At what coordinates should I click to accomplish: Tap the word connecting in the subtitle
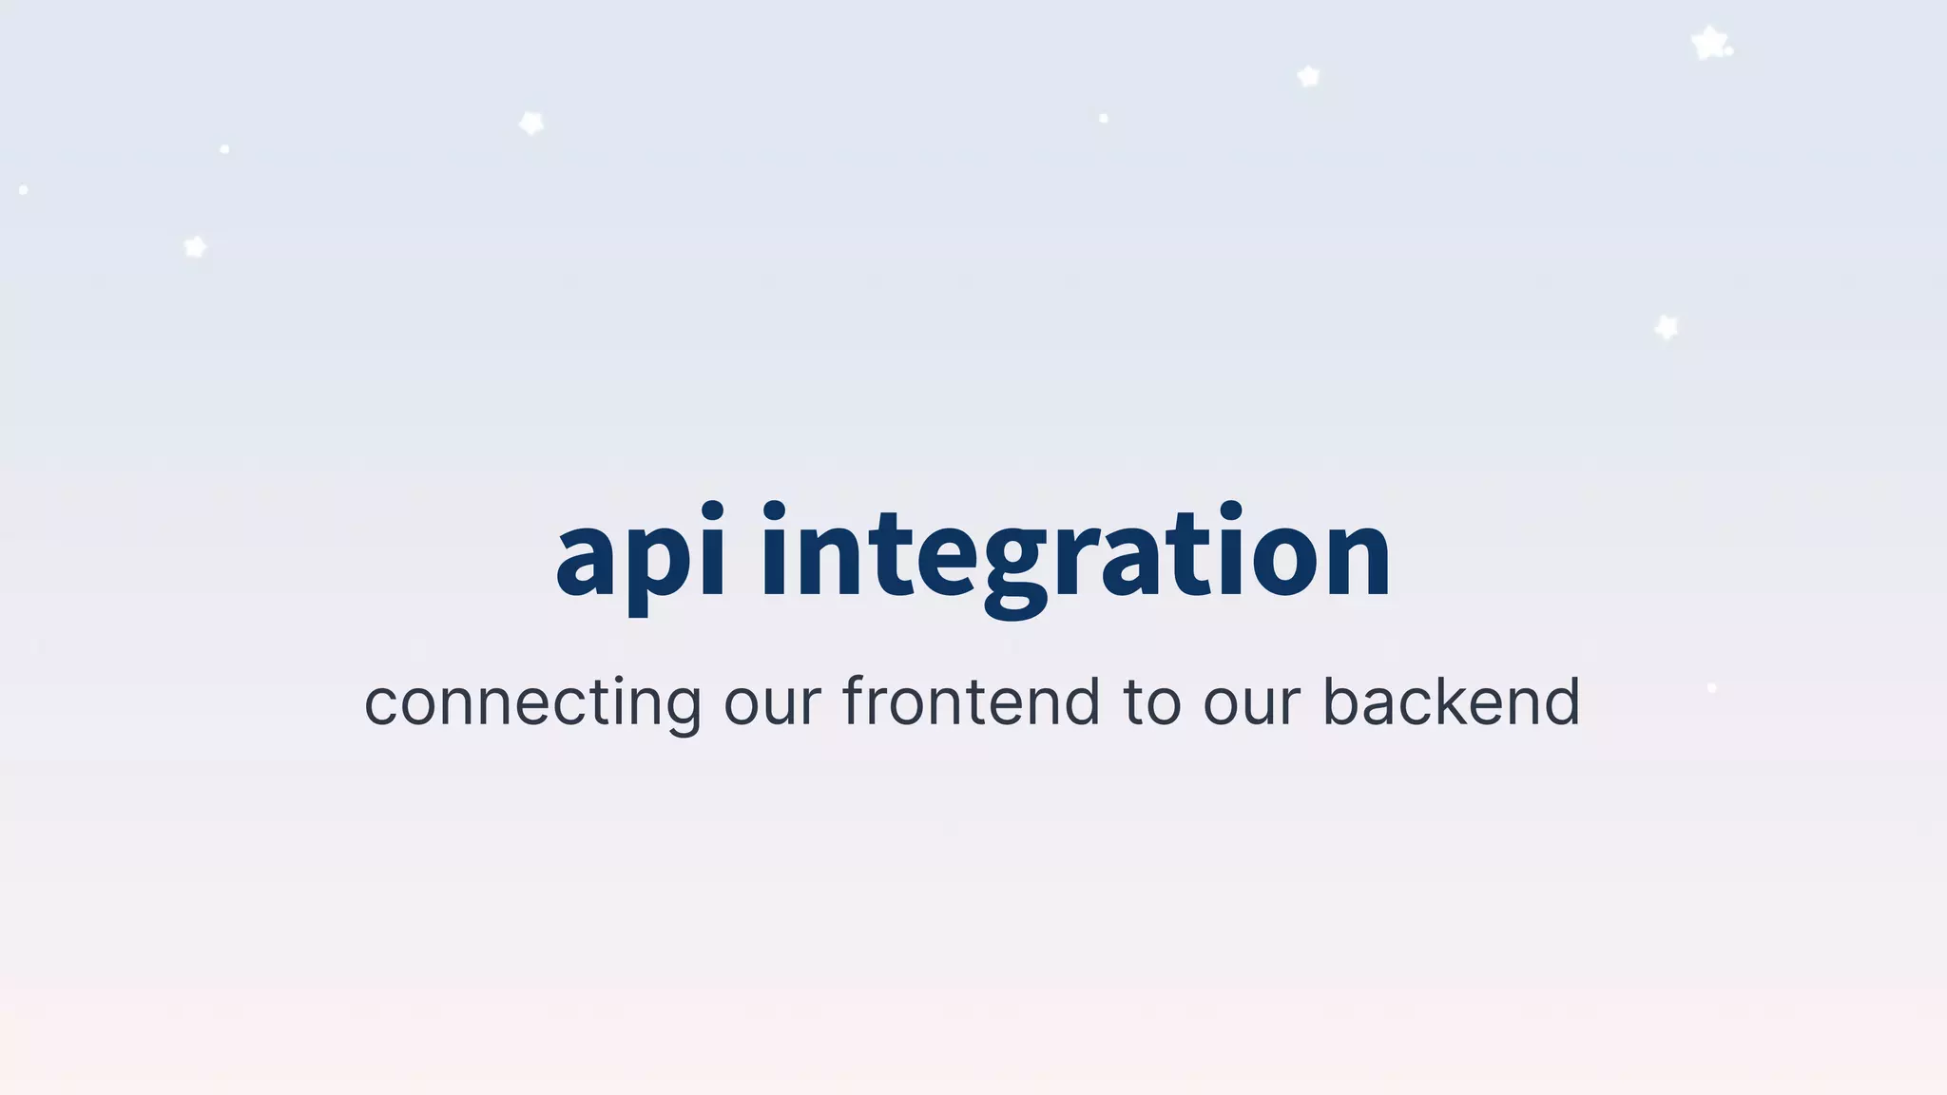[532, 703]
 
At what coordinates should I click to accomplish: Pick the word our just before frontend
[772, 703]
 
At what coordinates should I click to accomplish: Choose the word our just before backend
[1251, 703]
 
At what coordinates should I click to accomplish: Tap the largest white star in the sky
[1709, 43]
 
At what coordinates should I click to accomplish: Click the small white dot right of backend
[1711, 687]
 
